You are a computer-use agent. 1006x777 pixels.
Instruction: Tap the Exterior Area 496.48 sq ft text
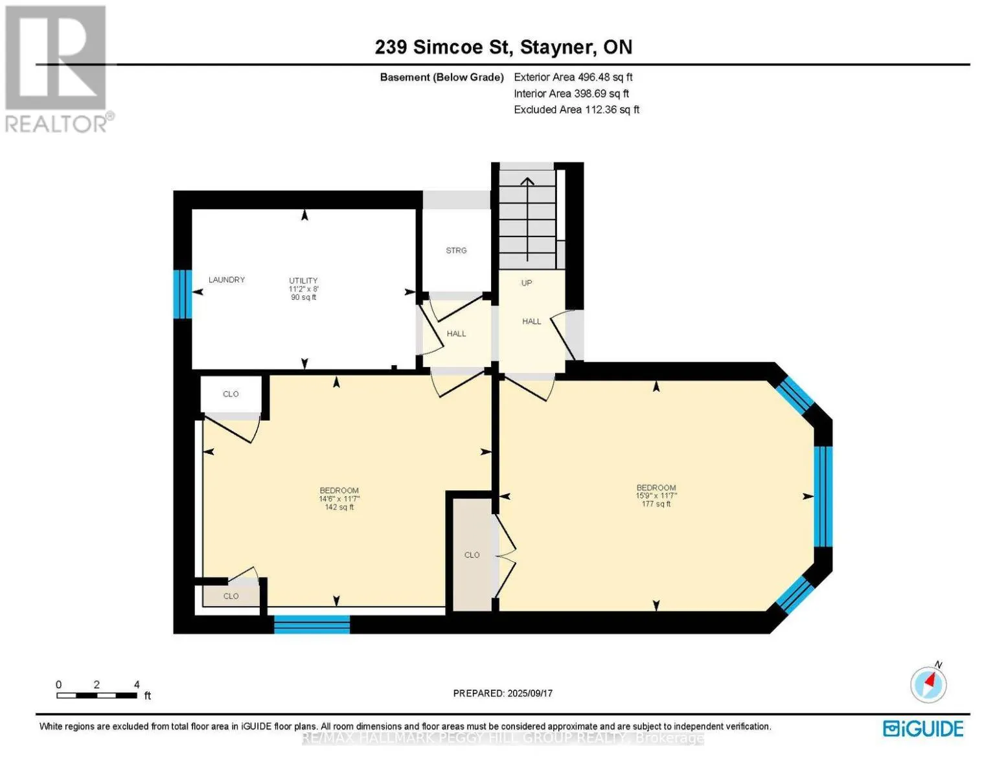[x=573, y=77]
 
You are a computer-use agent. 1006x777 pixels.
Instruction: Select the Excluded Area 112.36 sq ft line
[x=577, y=110]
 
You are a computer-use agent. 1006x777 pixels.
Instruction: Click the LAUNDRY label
[x=227, y=280]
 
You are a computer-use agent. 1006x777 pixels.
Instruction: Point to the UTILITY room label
[x=303, y=281]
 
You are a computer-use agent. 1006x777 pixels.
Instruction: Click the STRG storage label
[x=456, y=251]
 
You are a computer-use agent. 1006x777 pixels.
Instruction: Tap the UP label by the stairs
[x=527, y=283]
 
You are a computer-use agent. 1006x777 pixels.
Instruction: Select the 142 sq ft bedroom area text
[x=339, y=508]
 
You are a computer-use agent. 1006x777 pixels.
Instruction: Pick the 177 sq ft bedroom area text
[x=656, y=504]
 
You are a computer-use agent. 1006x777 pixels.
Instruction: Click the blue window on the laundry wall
[x=182, y=294]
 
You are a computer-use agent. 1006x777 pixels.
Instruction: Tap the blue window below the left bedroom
[x=312, y=624]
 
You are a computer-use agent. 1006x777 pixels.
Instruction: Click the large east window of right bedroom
[x=823, y=497]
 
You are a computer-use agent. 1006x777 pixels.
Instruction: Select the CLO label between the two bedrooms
[x=472, y=555]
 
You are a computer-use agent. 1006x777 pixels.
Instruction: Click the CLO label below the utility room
[x=231, y=394]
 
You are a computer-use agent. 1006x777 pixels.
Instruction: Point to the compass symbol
[x=928, y=684]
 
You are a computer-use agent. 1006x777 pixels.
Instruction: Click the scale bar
[x=97, y=695]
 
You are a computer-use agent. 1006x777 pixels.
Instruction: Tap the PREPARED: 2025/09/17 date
[x=503, y=693]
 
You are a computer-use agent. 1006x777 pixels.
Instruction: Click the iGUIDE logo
[x=923, y=728]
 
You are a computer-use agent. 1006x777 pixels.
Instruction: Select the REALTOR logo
[x=57, y=68]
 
